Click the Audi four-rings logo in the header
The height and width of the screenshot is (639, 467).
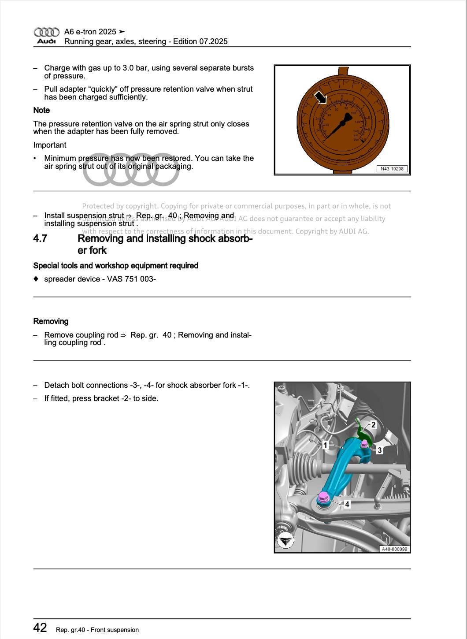point(46,32)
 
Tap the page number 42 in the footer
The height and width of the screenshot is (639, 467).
point(40,628)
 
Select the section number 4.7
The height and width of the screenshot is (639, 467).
point(40,239)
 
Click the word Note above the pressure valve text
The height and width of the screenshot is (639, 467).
point(41,110)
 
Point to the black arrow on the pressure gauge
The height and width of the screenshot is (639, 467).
point(320,98)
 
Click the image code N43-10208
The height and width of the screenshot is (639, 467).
point(392,169)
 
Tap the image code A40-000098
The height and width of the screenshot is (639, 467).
point(394,549)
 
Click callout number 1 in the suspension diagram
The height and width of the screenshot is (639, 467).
point(325,445)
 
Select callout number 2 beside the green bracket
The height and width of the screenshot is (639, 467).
point(374,425)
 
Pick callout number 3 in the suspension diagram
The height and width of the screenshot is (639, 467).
point(379,450)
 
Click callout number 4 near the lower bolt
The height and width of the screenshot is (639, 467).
point(347,504)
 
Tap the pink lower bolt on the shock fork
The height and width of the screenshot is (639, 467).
point(323,498)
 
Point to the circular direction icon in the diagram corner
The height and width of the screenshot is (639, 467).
point(285,540)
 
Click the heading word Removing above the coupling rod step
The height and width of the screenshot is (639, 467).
point(51,322)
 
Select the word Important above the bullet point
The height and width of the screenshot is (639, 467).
point(50,145)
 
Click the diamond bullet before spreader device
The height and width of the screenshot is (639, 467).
point(36,279)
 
